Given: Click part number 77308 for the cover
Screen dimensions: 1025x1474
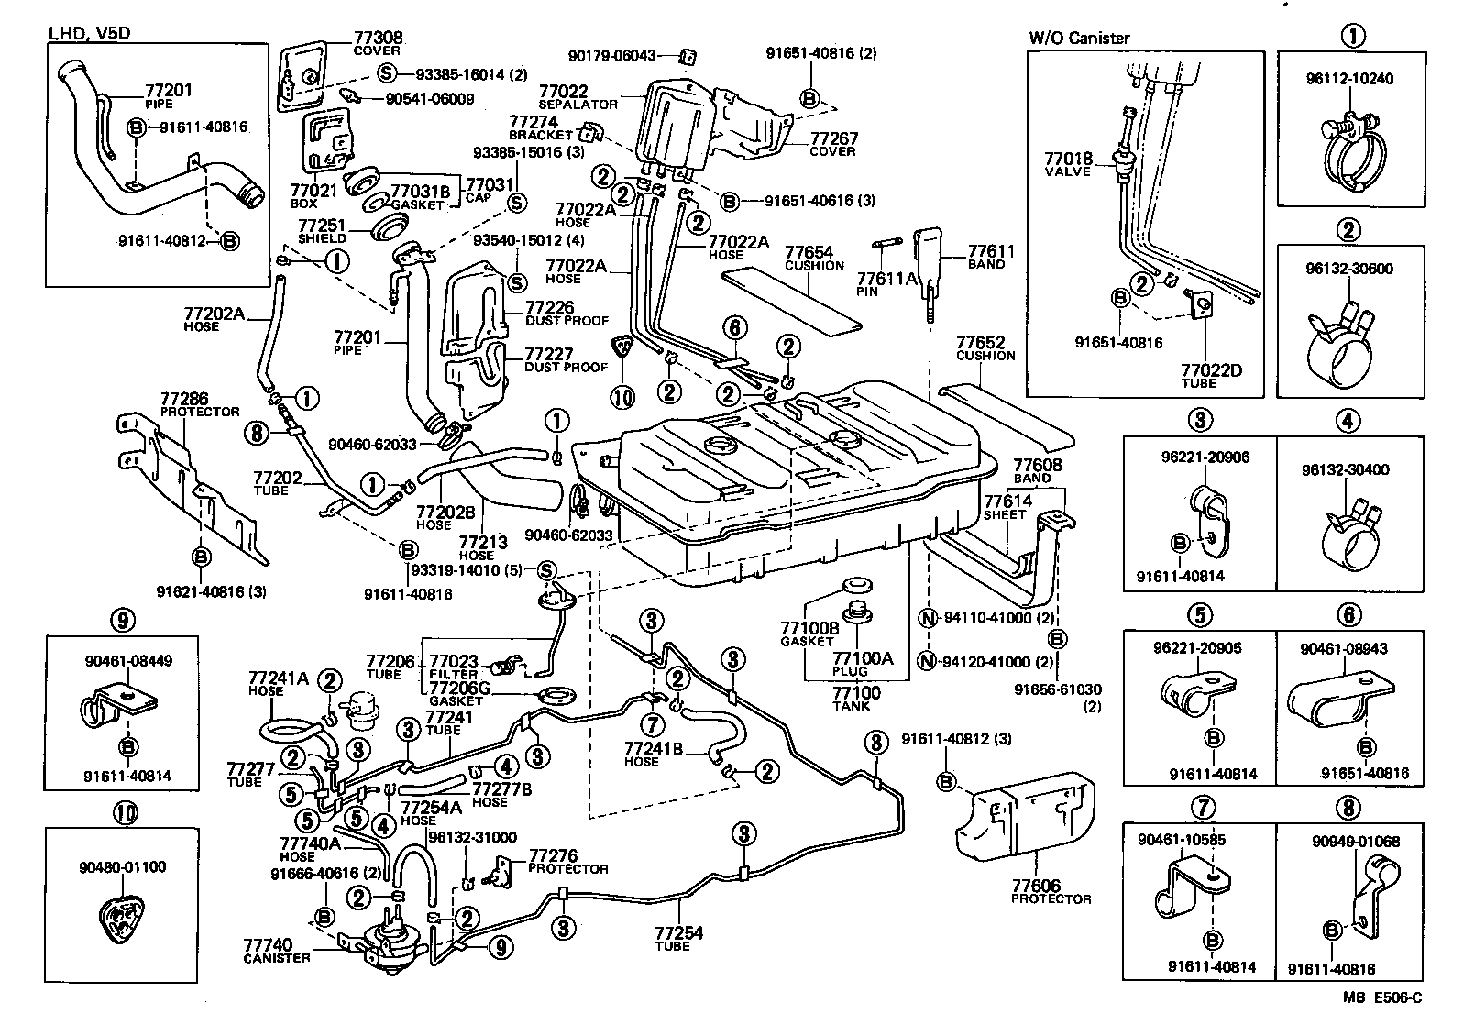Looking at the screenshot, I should (x=378, y=39).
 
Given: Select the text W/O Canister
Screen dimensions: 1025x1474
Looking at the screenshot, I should (x=1079, y=38).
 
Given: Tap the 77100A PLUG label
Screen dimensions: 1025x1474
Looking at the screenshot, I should (x=862, y=663).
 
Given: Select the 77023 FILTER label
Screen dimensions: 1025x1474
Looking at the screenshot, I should (x=454, y=667).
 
